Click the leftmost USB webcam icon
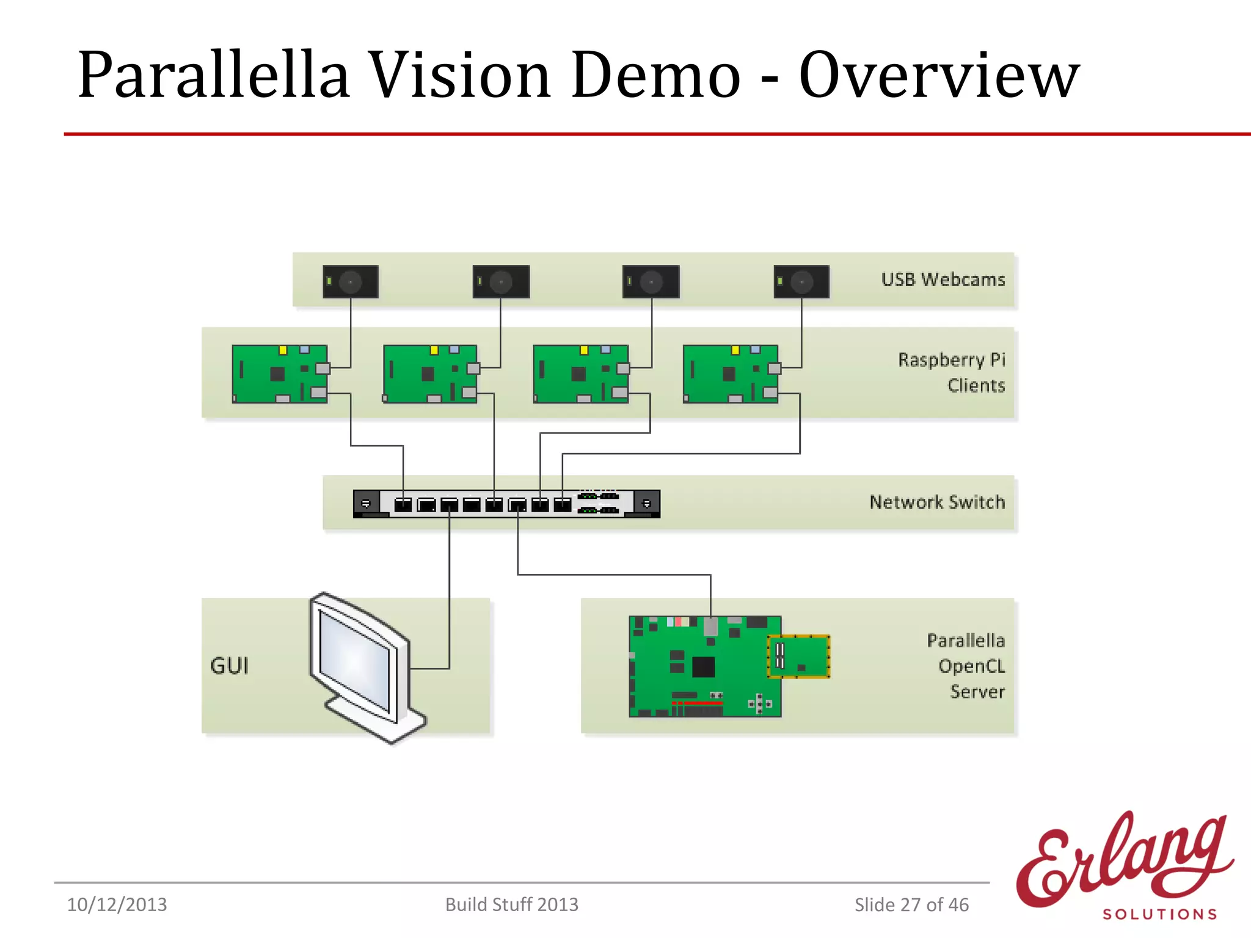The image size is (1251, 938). coord(351,282)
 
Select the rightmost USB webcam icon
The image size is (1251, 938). coord(801,282)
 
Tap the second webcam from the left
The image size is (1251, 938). coord(501,282)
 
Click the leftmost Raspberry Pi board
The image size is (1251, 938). coord(280,374)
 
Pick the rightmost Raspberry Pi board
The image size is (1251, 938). coord(731,374)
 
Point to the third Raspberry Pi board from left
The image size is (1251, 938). coord(580,374)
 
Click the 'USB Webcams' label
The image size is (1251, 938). coord(943,280)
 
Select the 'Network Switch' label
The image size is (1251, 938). coord(937,502)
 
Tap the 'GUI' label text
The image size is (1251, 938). coord(229,666)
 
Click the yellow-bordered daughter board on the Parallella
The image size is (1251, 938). coord(799,656)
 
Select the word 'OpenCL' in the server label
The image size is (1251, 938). coord(971,666)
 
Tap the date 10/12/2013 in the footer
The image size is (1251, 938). coord(117,904)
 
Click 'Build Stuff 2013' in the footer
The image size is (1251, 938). coord(511,904)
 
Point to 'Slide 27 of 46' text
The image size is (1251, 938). coord(911,904)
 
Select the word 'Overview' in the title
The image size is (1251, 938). coord(939,75)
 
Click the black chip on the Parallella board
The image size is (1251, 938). coord(703,666)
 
